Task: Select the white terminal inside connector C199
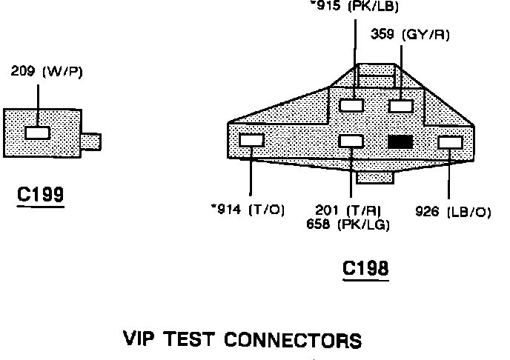coord(37,133)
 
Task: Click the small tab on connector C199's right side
coord(91,140)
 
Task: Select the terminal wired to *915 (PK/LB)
coord(351,105)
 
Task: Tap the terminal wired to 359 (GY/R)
coord(400,105)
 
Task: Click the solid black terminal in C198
coord(400,141)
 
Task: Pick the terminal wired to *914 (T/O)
coord(252,140)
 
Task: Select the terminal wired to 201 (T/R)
coord(351,141)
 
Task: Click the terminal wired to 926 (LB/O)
coord(450,141)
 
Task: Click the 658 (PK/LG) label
coord(348,224)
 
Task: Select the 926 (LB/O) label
coord(454,212)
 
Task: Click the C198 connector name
coord(365,267)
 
